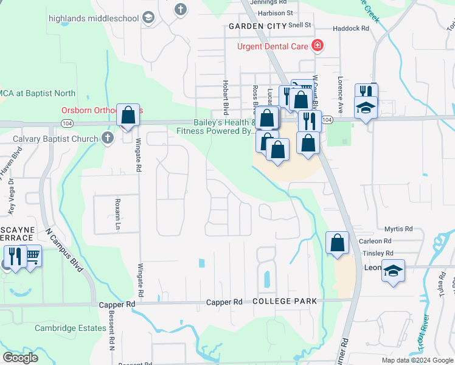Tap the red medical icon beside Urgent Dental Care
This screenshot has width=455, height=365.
coord(316,46)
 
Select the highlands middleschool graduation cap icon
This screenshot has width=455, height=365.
coord(148,18)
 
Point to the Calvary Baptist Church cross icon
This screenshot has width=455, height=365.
coord(108,139)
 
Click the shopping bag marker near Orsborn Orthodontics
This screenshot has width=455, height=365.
coord(128,114)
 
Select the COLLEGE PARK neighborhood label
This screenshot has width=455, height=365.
coord(284,301)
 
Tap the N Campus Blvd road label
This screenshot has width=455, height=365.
coord(64,249)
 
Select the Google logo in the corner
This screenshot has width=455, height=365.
coord(20,358)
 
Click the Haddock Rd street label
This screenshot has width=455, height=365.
coord(352,29)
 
